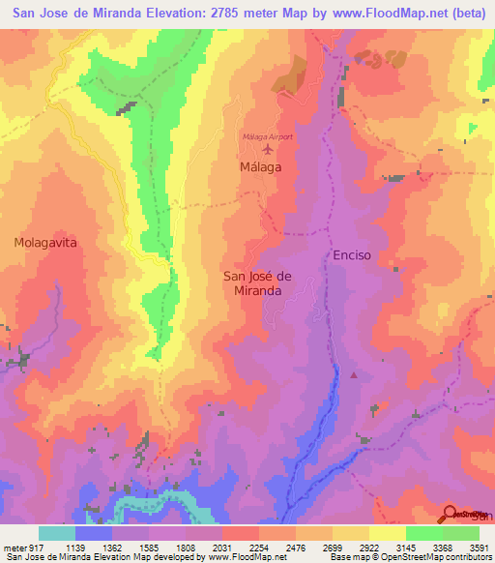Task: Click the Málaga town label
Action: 259,167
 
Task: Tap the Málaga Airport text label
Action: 267,136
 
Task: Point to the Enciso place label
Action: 351,254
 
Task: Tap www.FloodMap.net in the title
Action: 376,14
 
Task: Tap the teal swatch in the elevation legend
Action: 56,533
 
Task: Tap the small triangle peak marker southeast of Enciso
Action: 355,374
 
